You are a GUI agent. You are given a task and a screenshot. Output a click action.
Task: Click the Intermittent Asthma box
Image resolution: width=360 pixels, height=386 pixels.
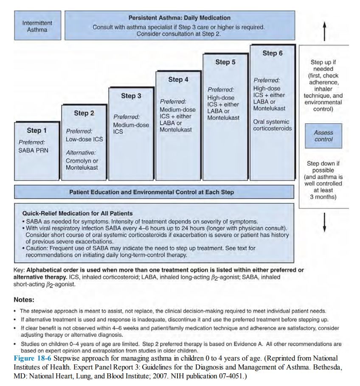point(37,26)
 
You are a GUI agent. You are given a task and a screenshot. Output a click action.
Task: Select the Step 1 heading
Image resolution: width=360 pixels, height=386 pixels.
point(37,130)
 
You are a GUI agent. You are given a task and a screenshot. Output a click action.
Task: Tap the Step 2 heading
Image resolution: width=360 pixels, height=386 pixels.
point(84,113)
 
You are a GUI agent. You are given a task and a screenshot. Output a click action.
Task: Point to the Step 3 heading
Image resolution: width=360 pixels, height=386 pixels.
point(131,96)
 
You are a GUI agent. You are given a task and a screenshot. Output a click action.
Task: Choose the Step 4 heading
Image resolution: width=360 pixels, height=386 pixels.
point(178,79)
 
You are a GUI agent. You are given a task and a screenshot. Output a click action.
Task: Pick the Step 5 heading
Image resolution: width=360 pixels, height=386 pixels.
point(225,62)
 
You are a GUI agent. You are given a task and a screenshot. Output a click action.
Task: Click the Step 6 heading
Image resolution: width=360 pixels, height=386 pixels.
point(272,53)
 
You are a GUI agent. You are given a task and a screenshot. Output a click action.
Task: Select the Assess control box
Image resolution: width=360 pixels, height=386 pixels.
point(323,136)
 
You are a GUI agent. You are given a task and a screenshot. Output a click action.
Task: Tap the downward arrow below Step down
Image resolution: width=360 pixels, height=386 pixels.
point(324,222)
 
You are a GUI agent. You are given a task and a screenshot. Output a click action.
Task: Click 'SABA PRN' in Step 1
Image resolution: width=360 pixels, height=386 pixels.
point(34,151)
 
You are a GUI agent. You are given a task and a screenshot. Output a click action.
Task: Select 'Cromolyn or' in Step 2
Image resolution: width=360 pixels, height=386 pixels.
point(82,161)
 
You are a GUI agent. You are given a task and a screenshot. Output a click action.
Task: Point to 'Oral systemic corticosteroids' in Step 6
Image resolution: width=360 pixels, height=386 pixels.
point(273,125)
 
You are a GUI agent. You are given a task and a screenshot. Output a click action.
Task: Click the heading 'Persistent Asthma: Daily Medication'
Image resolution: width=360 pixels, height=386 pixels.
point(180,18)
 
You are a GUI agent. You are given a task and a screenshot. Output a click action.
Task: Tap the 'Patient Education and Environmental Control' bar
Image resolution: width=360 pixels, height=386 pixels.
point(152,192)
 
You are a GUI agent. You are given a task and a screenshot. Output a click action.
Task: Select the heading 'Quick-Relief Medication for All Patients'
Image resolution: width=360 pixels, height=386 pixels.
point(77,213)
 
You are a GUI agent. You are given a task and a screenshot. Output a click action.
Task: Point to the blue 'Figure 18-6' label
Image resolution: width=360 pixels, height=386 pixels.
point(32,358)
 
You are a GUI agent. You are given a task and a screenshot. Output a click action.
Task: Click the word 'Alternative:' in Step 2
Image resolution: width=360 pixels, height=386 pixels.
point(81,152)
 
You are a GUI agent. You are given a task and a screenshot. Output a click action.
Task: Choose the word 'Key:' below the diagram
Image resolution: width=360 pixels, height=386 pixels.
point(20,270)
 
